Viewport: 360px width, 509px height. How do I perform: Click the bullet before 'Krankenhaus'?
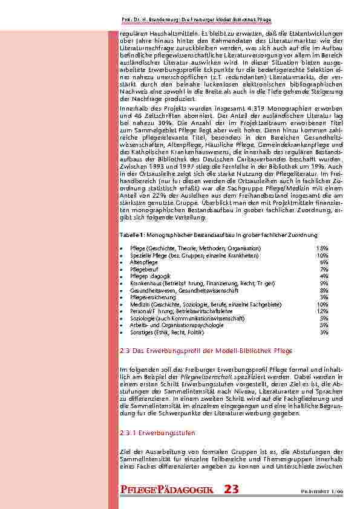123,283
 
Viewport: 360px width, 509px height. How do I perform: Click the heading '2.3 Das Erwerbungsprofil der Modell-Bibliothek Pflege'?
206,351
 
